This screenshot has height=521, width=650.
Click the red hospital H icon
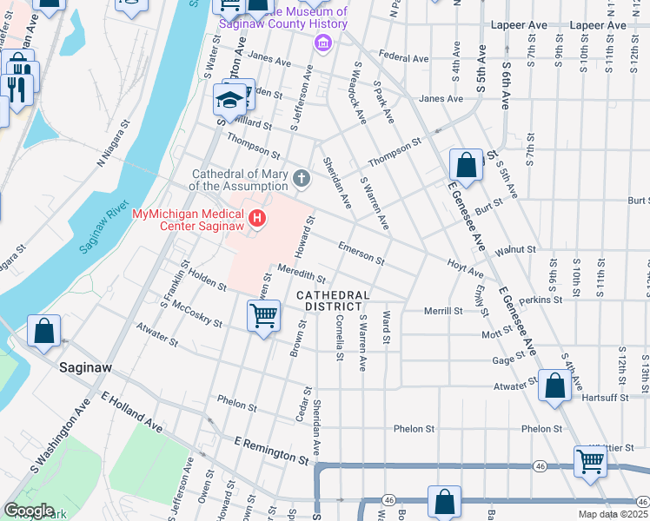click(256, 217)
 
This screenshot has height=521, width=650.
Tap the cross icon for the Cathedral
click(302, 180)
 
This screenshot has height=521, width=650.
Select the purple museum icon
click(323, 43)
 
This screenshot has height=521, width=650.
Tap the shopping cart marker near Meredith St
click(263, 315)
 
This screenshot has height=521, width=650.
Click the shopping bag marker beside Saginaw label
click(43, 332)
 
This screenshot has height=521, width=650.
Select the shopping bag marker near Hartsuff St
click(554, 386)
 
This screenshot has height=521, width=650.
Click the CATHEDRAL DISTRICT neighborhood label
click(333, 301)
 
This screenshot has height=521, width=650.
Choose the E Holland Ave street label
click(131, 412)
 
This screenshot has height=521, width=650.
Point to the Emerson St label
click(361, 253)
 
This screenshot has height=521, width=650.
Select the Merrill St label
click(442, 311)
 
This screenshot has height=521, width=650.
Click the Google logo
click(29, 511)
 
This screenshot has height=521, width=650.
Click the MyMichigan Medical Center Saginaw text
click(188, 221)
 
